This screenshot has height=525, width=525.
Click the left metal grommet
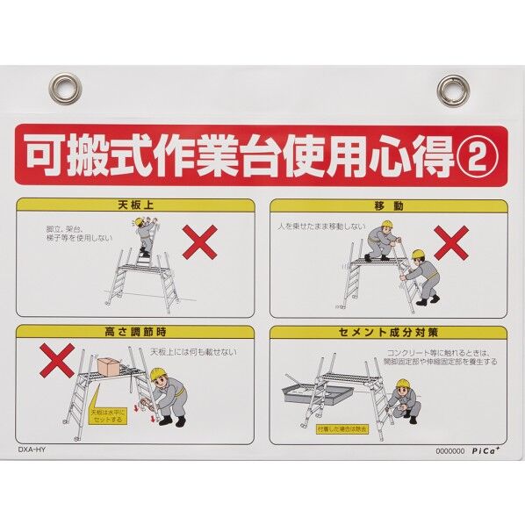coord(66,88)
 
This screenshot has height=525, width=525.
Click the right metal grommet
coord(454,90)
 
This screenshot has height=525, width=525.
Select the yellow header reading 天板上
coord(135,206)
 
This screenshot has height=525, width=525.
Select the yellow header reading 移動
coord(388,206)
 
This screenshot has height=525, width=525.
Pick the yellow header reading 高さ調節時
coord(135,333)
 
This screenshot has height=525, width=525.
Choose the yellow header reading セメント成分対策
coord(388,333)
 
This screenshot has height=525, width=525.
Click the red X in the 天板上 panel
coord(200,241)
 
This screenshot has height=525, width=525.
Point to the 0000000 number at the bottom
coord(449,450)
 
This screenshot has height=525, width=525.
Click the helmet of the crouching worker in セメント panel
coord(402,385)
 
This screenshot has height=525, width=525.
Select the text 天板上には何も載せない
coord(192,351)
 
